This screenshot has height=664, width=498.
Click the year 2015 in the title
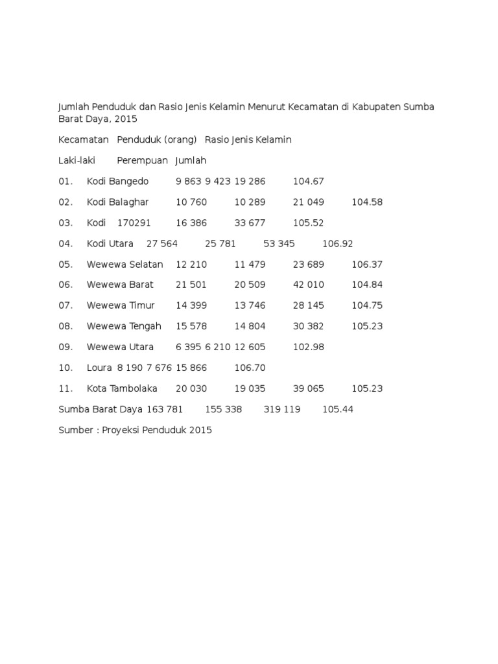click(x=125, y=119)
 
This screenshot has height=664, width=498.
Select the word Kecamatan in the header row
click(x=82, y=140)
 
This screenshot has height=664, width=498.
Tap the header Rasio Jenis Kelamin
click(x=248, y=140)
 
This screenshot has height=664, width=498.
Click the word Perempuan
click(x=143, y=161)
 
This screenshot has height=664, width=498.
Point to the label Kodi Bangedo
click(x=117, y=182)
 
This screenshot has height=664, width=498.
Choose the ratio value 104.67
click(x=309, y=182)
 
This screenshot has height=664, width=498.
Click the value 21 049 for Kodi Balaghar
click(x=309, y=202)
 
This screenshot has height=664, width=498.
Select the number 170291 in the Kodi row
click(x=134, y=223)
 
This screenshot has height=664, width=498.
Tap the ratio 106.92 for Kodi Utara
click(x=338, y=244)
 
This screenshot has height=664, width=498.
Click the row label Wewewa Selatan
click(x=125, y=265)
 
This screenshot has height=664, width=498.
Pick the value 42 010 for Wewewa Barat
click(x=309, y=285)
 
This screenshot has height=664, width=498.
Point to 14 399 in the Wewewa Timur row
click(x=191, y=306)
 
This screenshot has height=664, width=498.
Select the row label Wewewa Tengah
click(x=124, y=327)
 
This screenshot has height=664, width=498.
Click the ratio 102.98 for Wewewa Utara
click(x=309, y=348)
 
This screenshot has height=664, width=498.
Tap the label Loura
click(x=99, y=368)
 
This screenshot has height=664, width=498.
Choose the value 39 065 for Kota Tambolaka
click(x=309, y=389)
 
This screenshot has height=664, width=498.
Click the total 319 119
click(x=282, y=410)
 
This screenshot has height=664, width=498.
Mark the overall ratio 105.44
click(x=338, y=410)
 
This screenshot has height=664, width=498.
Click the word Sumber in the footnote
click(x=76, y=431)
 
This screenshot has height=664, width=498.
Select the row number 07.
click(x=65, y=306)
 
